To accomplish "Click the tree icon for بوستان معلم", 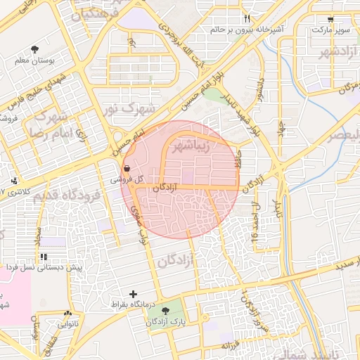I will pos(35,49).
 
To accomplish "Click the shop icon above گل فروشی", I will pos(126,169).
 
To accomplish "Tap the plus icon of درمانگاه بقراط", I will pos(134,294).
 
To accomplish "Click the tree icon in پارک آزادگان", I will pos(166,310).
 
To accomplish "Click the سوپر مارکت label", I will pos(330,30).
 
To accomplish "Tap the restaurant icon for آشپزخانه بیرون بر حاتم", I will pos(246,18).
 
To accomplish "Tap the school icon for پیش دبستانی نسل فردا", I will pos(44,257).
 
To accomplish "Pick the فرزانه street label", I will pos(231,346).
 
